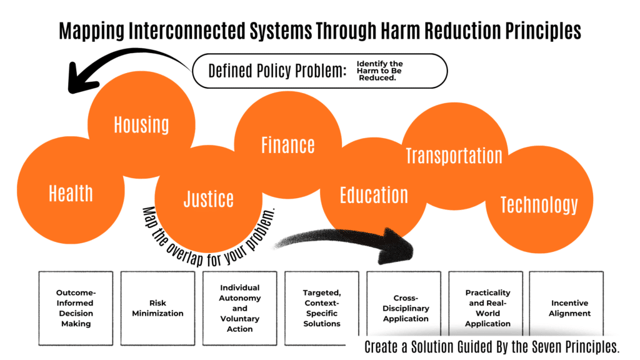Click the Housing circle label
click(141, 124)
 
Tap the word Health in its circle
click(71, 193)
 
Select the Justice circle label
click(208, 199)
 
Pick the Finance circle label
click(287, 145)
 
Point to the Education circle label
click(374, 195)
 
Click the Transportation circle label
click(454, 155)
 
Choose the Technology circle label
click(539, 204)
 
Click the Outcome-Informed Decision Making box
click(76, 308)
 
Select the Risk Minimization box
click(157, 308)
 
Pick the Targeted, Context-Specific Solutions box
click(322, 308)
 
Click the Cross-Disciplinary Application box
click(403, 308)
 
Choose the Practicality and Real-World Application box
click(488, 308)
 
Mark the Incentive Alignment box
click(569, 308)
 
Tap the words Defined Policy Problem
click(277, 71)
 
